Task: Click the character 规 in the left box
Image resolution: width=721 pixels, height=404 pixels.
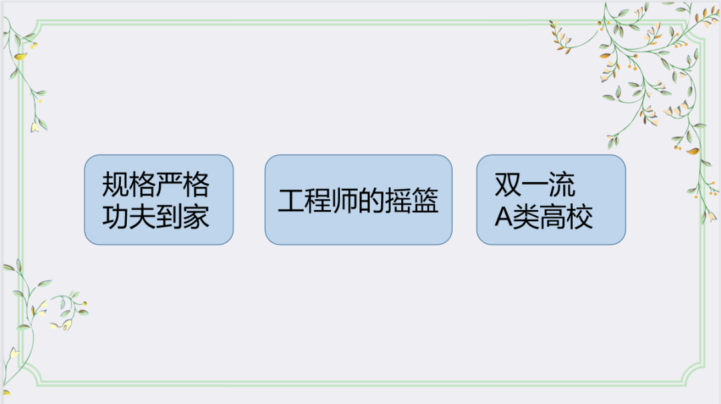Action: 115,184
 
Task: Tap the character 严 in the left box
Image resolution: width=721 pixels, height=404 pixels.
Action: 169,184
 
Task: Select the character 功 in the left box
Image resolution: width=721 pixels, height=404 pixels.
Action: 115,216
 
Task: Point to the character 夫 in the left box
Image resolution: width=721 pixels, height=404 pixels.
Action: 142,216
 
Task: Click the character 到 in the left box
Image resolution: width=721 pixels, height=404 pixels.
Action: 169,216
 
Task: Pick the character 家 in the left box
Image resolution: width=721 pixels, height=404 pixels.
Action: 196,216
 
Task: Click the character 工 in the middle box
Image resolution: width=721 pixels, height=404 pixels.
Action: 291,201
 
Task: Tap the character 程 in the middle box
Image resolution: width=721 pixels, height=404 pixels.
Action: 318,201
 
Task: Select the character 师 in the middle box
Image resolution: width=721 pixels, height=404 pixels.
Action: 344,201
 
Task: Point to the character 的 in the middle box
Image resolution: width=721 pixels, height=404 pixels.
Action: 371,201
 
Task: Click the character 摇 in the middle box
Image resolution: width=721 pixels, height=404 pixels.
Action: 398,201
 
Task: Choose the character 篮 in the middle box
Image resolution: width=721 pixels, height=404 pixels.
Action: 425,201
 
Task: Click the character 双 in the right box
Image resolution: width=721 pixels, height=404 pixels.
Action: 508,185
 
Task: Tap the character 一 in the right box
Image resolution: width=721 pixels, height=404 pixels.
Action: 535,185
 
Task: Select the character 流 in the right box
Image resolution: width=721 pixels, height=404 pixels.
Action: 561,185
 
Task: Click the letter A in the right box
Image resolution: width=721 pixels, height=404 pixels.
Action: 503,217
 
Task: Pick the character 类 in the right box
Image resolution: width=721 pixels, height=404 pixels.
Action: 525,217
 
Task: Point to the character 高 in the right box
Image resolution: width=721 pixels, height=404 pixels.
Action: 552,217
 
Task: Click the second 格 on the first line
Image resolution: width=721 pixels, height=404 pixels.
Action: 196,184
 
